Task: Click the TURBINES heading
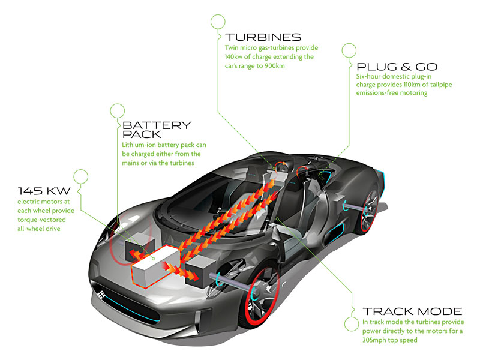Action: pyautogui.click(x=263, y=37)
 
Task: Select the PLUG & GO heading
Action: pyautogui.click(x=397, y=67)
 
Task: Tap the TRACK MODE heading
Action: pyautogui.click(x=412, y=311)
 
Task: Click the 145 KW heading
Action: pyautogui.click(x=44, y=191)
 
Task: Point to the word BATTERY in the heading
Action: pyautogui.click(x=157, y=125)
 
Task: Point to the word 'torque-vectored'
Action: pyautogui.click(x=41, y=220)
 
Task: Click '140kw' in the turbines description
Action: pyautogui.click(x=233, y=56)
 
